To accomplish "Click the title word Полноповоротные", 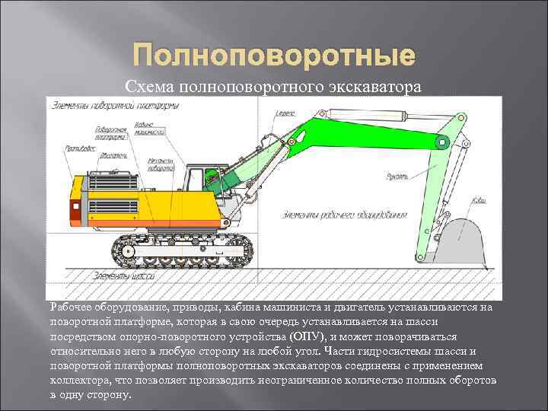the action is (x=274, y=56).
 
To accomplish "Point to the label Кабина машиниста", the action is (x=151, y=128).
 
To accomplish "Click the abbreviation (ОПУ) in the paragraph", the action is (x=311, y=336).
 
